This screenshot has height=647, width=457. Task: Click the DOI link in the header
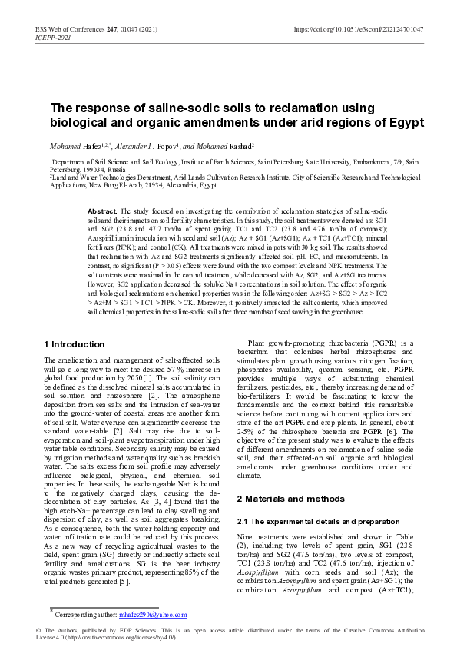359,28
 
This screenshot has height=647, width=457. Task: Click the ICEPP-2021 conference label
53,37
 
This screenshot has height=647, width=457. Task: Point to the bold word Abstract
102,211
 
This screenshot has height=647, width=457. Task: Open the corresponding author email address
153,615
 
